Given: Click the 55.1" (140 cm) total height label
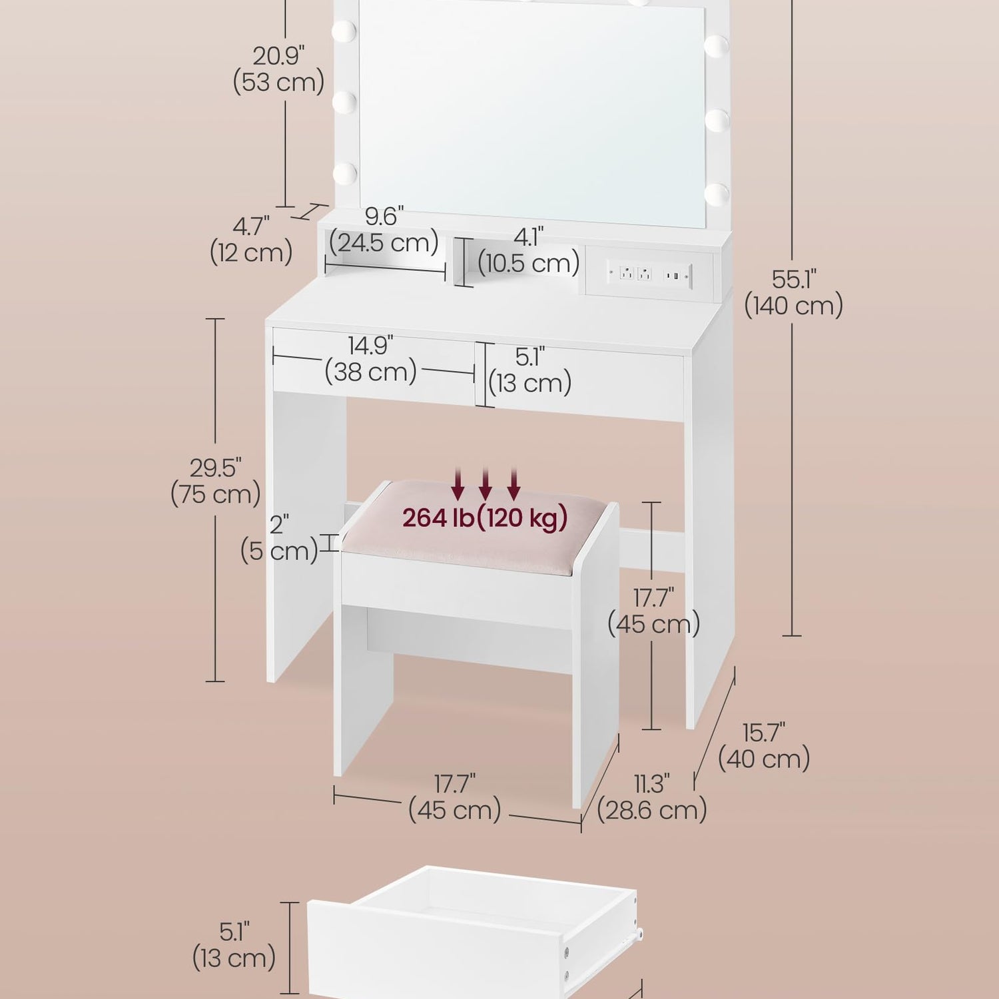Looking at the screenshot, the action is (794, 292).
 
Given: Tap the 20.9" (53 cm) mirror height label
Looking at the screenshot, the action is (279, 69).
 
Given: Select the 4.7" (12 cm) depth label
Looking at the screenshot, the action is (251, 240).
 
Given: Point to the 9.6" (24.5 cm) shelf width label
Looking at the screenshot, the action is (384, 229).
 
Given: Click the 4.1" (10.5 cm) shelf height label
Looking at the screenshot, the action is (529, 250).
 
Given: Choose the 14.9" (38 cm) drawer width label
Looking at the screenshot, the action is (371, 359).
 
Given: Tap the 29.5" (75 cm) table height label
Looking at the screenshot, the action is (216, 482).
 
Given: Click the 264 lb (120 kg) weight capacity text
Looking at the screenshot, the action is (485, 517).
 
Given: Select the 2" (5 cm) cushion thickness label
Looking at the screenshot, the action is (279, 538).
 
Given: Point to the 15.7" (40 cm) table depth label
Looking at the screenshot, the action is (765, 746).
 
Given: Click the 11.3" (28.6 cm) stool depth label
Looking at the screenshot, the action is (652, 797).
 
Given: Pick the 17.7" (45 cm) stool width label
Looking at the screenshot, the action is (455, 797).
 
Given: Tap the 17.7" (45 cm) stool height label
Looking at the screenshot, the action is (653, 611).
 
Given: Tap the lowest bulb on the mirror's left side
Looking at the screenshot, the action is (344, 174).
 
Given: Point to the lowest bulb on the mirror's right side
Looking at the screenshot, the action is (717, 194).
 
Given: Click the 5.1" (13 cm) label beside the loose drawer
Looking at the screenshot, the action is (234, 945).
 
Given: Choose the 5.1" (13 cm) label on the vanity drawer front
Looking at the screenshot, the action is (530, 370).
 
